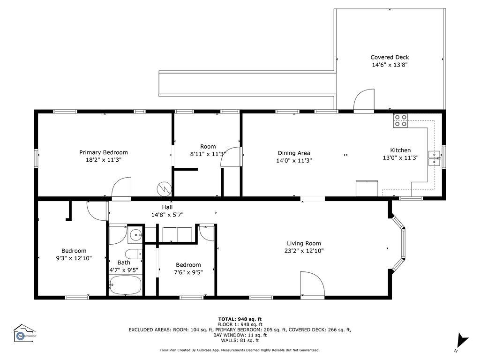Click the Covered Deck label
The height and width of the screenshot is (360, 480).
tap(390, 57)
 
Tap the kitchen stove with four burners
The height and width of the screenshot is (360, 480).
tap(401, 120)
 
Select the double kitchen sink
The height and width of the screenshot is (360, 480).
tap(435, 158)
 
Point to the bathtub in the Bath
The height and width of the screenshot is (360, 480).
tap(125, 285)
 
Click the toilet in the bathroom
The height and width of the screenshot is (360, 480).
tap(134, 254)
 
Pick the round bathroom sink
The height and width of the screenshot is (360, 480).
tap(135, 235)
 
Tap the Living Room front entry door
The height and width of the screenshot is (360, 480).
tap(312, 284)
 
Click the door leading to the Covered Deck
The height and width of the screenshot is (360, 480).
tap(364, 100)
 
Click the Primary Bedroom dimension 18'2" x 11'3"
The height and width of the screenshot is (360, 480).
tap(104, 160)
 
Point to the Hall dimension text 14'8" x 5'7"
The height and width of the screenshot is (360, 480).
tap(167, 215)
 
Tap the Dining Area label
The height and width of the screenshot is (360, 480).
tap(294, 153)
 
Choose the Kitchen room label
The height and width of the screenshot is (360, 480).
tap(400, 150)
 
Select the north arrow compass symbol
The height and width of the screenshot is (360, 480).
tap(462, 342)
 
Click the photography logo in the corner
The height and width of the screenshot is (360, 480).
tap(24, 333)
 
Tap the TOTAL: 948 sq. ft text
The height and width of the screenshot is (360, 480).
tap(240, 319)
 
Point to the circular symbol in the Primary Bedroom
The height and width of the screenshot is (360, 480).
tap(165, 189)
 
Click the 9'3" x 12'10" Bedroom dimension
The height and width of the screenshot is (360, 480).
tap(74, 258)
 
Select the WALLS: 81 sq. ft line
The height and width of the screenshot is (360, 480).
tap(240, 340)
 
